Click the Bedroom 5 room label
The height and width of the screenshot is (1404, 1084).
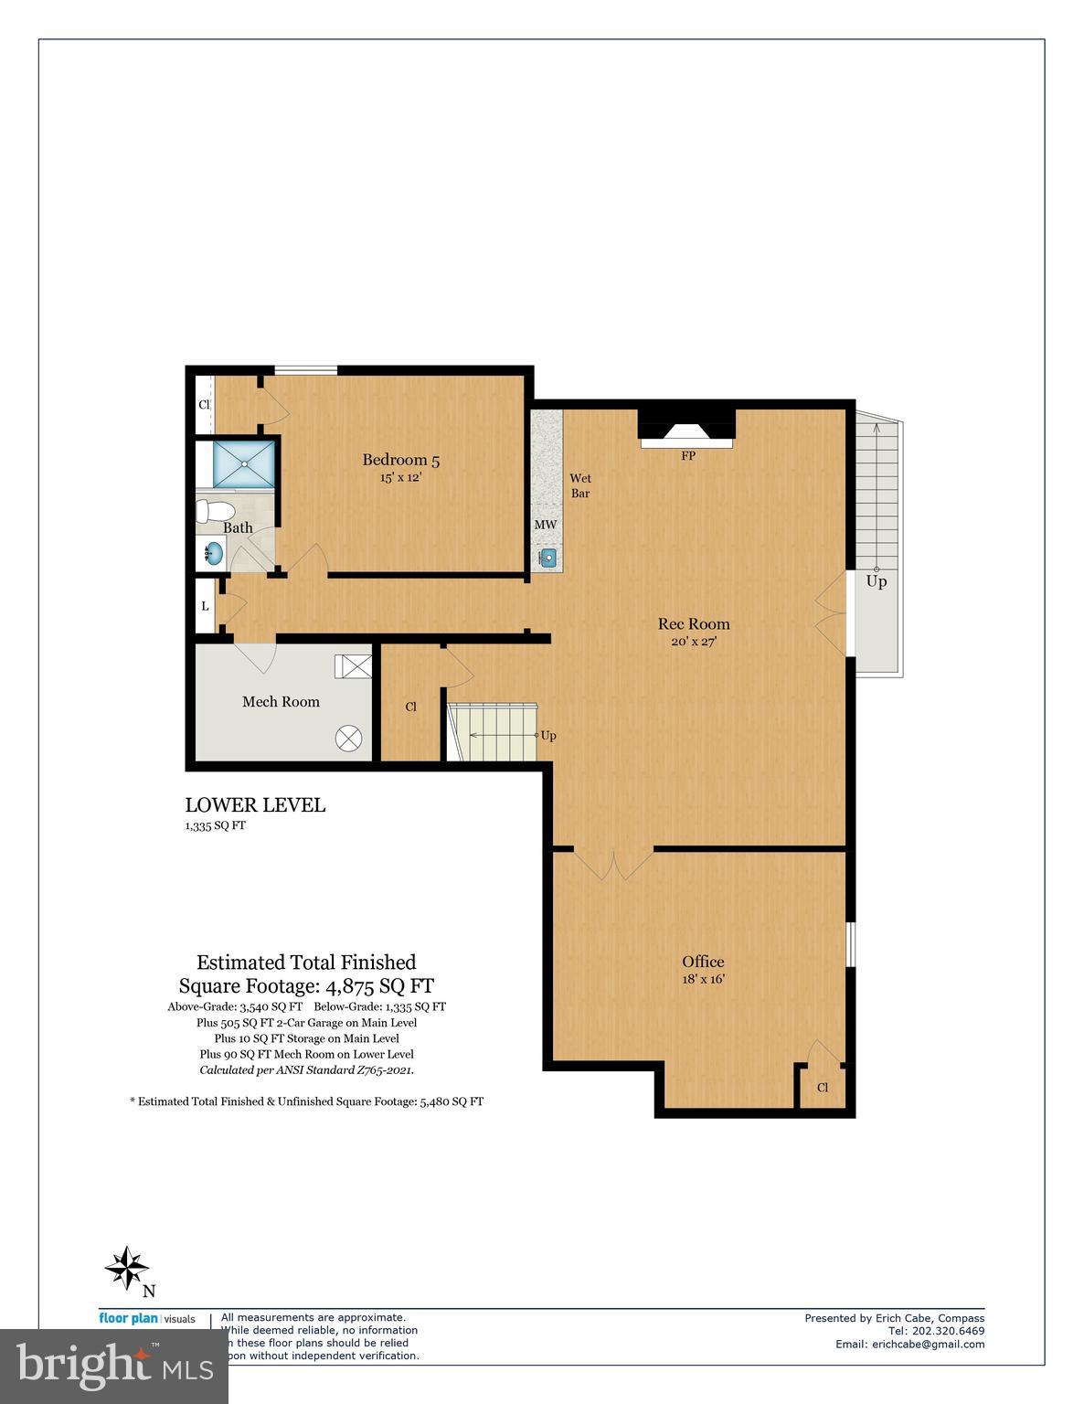click(x=394, y=460)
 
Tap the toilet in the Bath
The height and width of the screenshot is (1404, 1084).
click(x=216, y=510)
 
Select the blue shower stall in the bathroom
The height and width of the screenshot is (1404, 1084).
click(x=243, y=464)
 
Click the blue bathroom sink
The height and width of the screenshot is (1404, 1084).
click(x=214, y=552)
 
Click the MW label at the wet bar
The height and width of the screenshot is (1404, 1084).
click(x=546, y=526)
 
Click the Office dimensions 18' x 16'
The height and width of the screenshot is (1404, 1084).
click(x=703, y=979)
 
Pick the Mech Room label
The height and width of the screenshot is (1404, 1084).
click(x=281, y=702)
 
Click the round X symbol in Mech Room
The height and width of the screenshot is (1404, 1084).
click(x=348, y=739)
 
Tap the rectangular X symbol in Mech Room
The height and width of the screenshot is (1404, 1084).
click(x=353, y=665)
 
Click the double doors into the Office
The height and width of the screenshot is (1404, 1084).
click(x=613, y=864)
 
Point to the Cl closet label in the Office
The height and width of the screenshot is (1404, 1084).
click(x=822, y=1088)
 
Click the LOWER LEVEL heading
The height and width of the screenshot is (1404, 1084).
click(x=255, y=805)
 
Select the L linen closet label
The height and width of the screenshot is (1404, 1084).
click(x=205, y=606)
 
